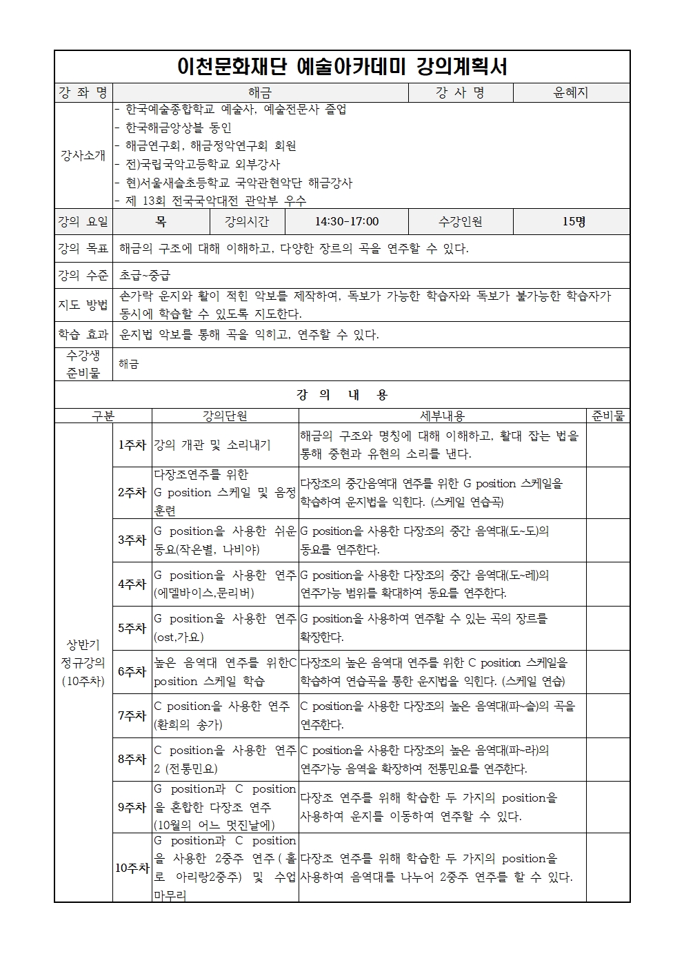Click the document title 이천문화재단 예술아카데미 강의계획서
click(x=342, y=67)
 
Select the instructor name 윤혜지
click(x=571, y=92)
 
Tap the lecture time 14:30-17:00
click(x=347, y=221)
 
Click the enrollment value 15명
click(x=573, y=221)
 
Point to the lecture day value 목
click(x=161, y=221)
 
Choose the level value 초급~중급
click(x=145, y=275)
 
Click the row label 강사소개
click(x=83, y=155)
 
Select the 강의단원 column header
click(x=225, y=416)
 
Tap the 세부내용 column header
click(x=442, y=416)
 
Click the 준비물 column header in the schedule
click(x=607, y=416)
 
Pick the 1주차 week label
click(x=132, y=445)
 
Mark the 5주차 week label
click(x=132, y=628)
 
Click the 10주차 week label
click(x=132, y=868)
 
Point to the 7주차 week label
click(x=132, y=715)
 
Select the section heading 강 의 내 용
click(x=342, y=395)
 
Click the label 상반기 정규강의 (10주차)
click(x=83, y=662)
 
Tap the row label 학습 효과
click(x=83, y=335)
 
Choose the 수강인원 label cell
click(x=461, y=221)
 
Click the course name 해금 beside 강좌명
click(x=260, y=92)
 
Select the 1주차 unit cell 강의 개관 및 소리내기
click(x=212, y=445)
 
